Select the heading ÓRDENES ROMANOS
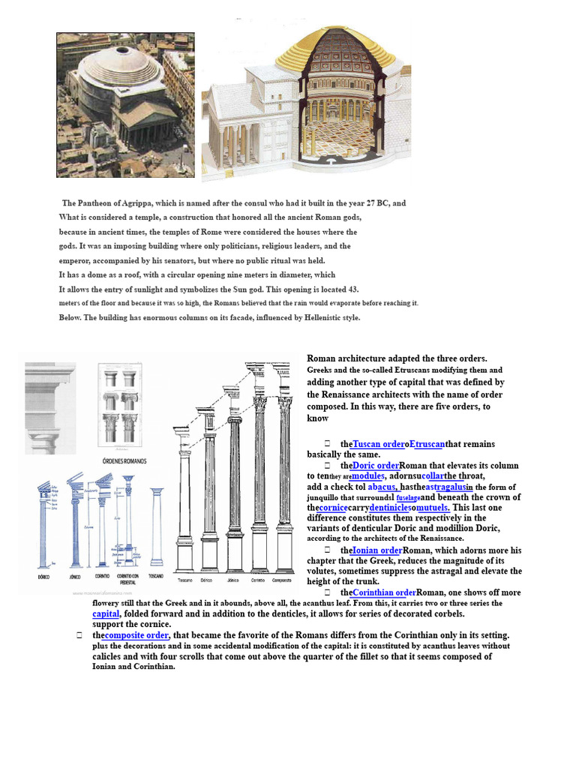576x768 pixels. [x=124, y=460]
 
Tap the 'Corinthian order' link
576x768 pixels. [x=383, y=592]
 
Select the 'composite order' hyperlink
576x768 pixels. [x=136, y=635]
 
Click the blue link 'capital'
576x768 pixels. [x=106, y=613]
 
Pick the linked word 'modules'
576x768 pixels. [x=368, y=475]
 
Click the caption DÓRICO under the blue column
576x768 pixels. [x=43, y=577]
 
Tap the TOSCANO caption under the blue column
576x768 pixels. [x=156, y=577]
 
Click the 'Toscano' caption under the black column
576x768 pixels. [x=184, y=580]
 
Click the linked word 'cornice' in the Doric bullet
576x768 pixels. [x=333, y=508]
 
